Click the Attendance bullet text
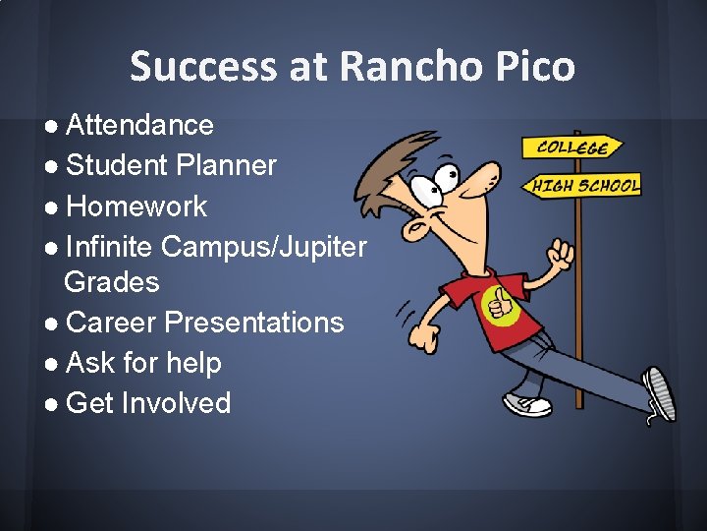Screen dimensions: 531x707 139,125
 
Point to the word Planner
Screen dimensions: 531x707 227,165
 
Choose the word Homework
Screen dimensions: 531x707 136,206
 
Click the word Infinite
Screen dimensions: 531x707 110,247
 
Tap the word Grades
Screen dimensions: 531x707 111,282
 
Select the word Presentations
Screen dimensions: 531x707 254,323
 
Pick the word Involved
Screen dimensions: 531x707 176,403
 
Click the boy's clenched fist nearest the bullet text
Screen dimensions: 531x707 425,333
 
